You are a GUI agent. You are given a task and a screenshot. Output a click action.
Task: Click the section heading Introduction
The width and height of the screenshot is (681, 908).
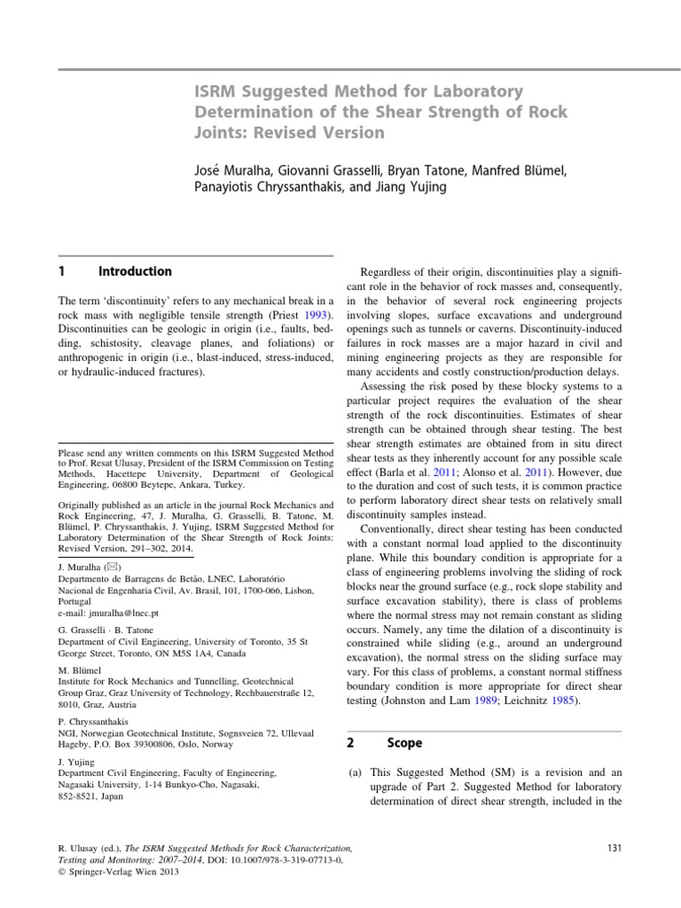(135, 271)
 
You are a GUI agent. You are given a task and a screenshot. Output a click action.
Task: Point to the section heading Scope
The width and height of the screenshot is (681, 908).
(405, 742)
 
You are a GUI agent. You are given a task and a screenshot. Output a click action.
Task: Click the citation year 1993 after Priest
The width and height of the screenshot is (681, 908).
(314, 315)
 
